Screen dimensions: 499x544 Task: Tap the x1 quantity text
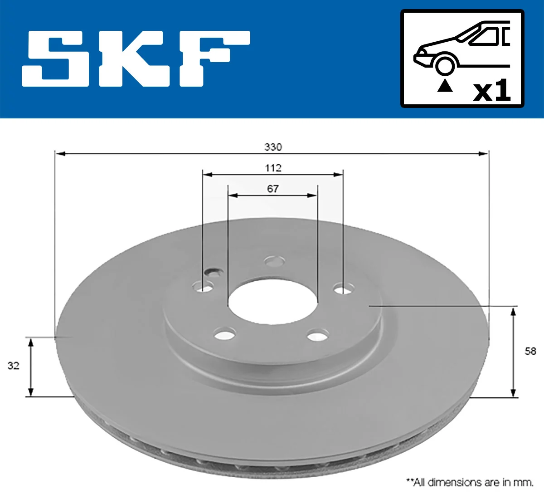tap(492, 90)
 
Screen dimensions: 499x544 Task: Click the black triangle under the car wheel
tap(445, 85)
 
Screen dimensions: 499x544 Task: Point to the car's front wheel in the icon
tap(445, 65)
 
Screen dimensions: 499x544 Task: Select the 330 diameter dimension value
tap(273, 147)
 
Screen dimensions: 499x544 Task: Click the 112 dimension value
tap(273, 168)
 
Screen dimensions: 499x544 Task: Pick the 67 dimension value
tap(273, 189)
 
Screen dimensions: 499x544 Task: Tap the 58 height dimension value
tap(530, 351)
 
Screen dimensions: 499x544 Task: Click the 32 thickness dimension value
tap(13, 365)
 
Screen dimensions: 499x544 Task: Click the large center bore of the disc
tap(272, 302)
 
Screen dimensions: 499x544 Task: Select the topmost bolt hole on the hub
tap(275, 261)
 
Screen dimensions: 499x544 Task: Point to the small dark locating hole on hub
tap(212, 272)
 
